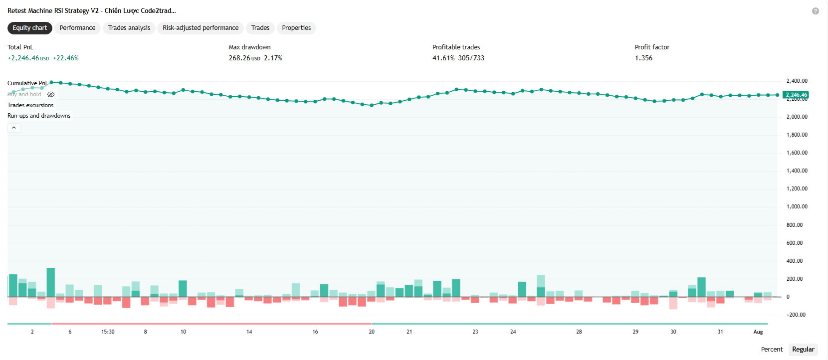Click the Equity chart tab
(x=29, y=28)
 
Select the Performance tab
(x=77, y=28)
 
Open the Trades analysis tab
(x=129, y=28)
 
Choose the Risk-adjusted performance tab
(x=201, y=28)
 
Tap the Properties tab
(x=296, y=28)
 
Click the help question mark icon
(x=815, y=11)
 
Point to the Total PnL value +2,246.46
(x=23, y=58)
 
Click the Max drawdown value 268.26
(x=239, y=58)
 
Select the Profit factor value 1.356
(x=643, y=58)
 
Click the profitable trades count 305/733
(x=471, y=58)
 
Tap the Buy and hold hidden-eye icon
(x=51, y=94)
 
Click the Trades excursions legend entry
(x=30, y=105)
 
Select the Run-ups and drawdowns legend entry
(x=39, y=116)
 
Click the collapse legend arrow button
(x=13, y=128)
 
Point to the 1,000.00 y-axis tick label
(x=797, y=206)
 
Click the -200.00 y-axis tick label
(x=796, y=315)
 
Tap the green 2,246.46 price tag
(x=796, y=95)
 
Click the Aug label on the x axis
(x=758, y=332)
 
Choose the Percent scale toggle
(x=772, y=350)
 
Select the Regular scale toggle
(x=803, y=350)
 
